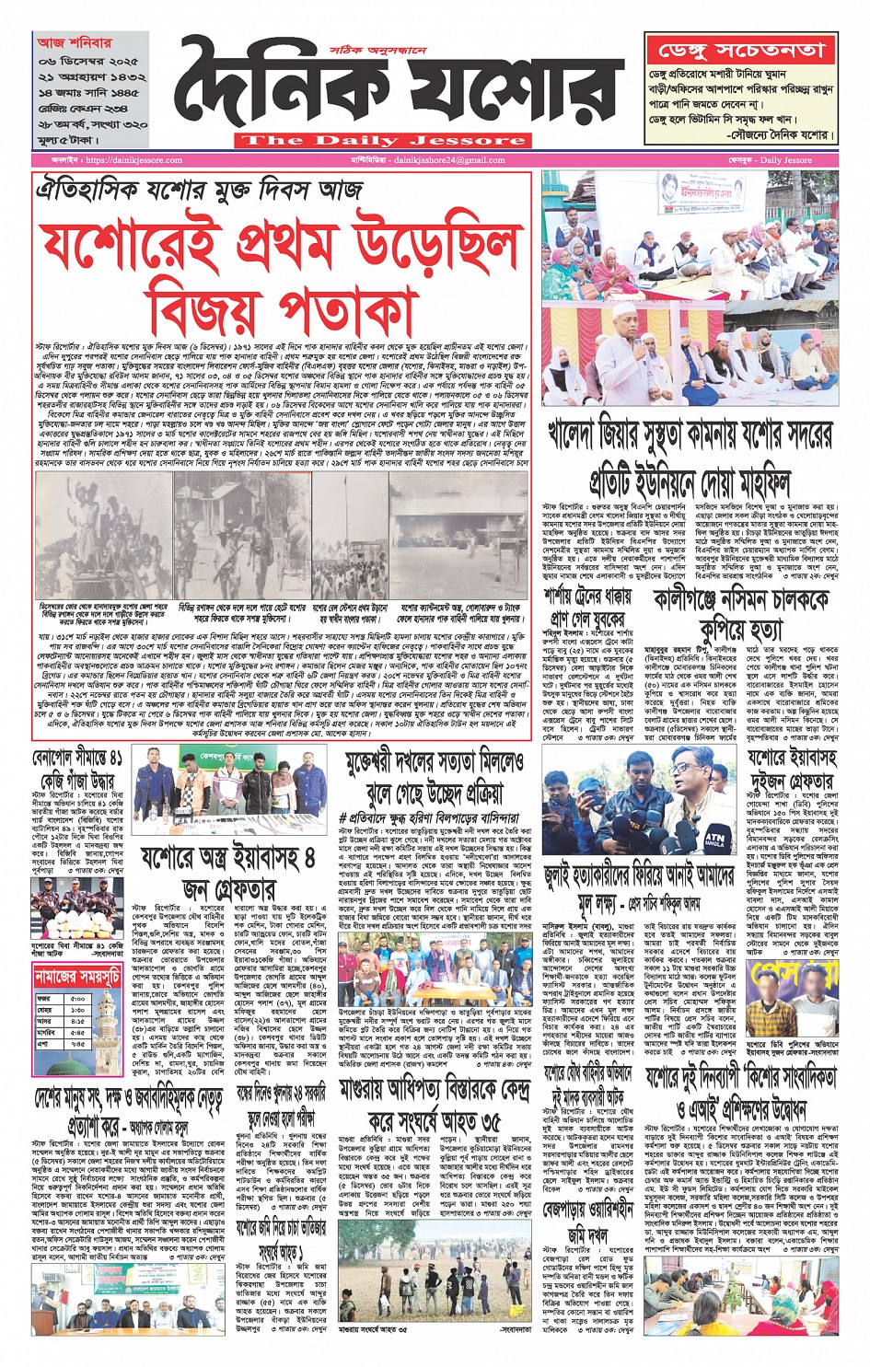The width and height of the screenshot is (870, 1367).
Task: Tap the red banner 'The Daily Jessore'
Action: coord(382,141)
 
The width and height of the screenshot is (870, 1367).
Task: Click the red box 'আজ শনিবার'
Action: coord(75,42)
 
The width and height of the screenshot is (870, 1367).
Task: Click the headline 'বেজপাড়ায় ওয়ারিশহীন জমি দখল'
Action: coord(589,1219)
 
